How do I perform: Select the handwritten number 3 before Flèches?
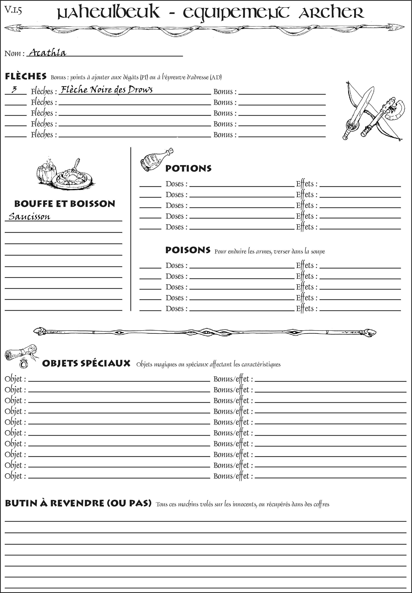[14, 90]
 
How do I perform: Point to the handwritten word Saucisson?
[29, 216]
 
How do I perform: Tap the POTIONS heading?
[188, 168]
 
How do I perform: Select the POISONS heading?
[188, 250]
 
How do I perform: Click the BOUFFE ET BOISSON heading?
[65, 204]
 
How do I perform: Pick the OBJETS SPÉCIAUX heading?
[86, 363]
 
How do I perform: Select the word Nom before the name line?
[13, 53]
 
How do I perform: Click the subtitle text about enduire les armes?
[269, 251]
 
